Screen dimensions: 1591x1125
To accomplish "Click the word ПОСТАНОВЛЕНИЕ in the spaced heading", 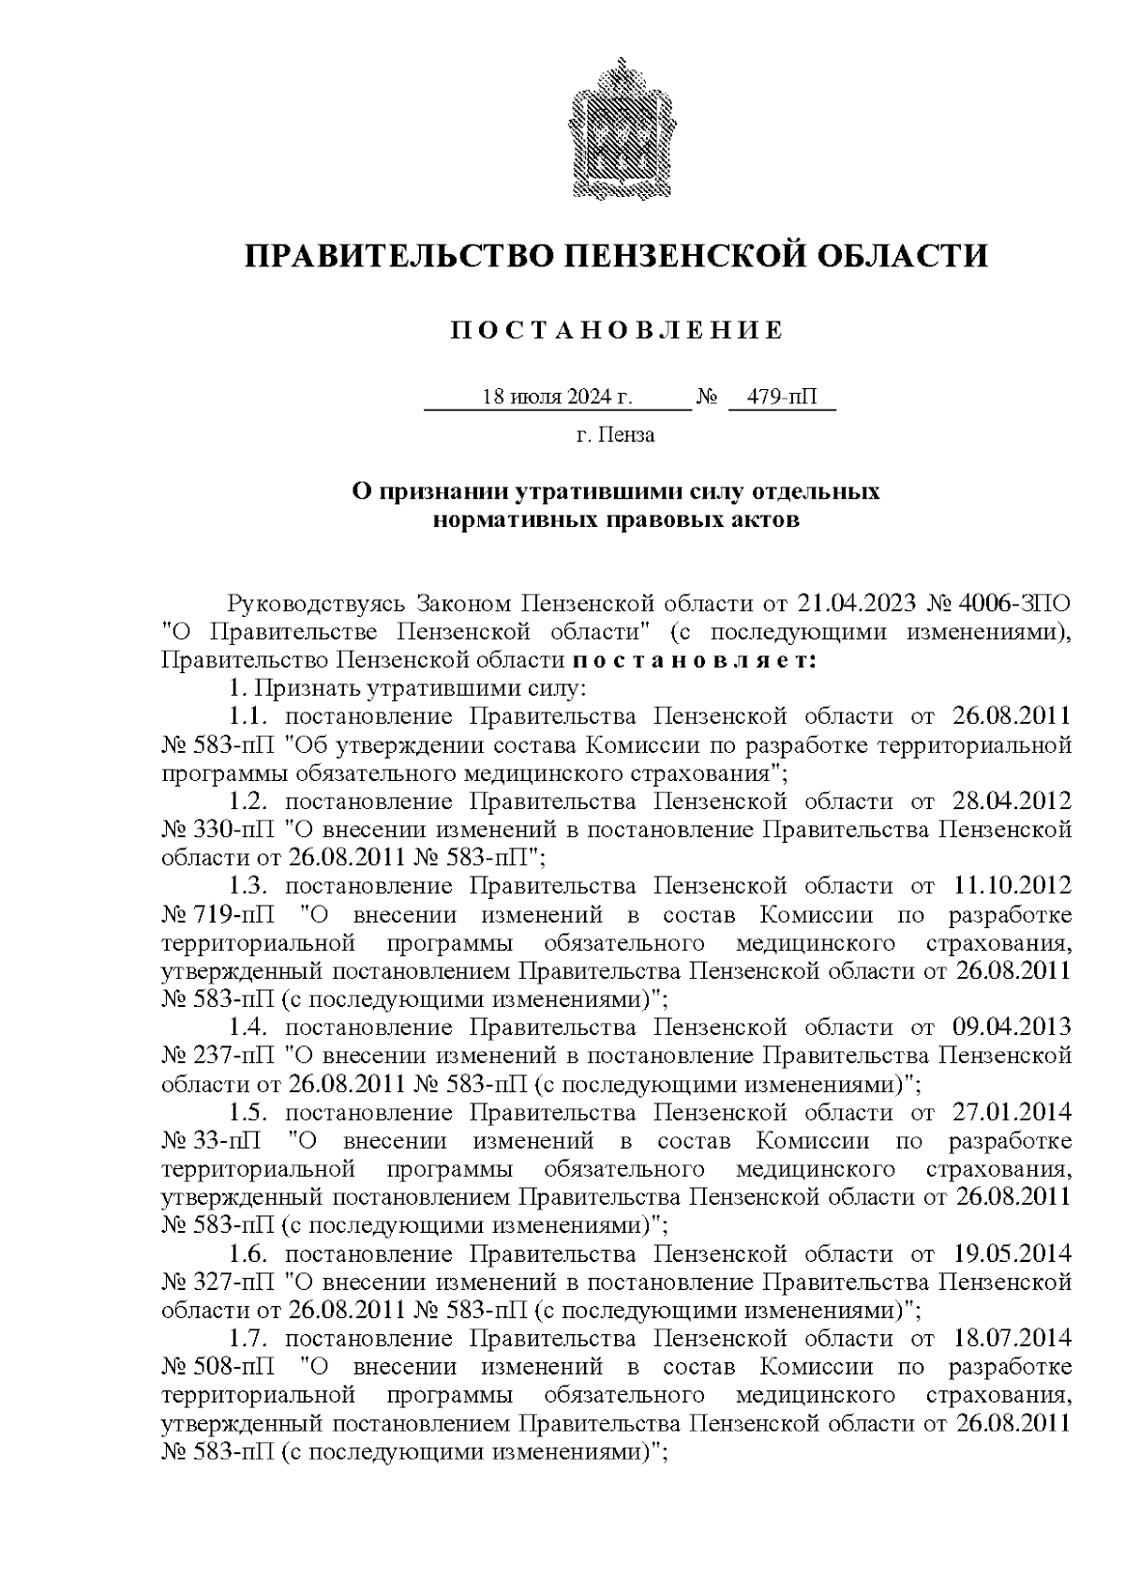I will click(616, 331).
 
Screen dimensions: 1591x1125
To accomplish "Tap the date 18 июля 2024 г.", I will click(557, 398).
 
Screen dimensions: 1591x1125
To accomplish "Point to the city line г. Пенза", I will click(615, 435).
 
